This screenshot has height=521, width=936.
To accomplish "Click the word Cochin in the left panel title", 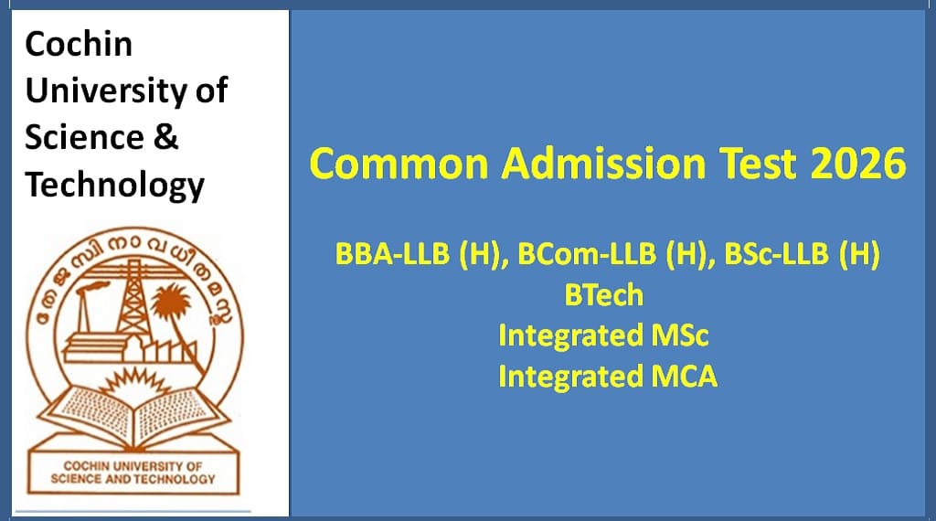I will coord(79,44).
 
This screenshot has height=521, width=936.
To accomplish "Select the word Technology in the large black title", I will coord(114,186).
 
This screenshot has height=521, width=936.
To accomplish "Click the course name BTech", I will coord(605,296).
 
